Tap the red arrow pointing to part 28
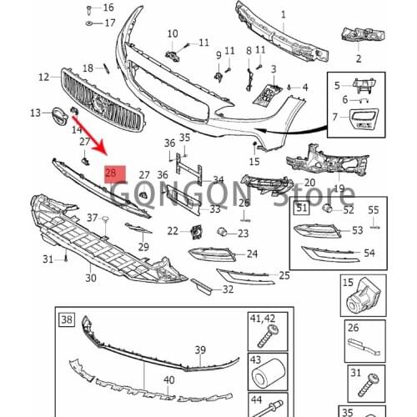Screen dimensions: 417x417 point(90,135)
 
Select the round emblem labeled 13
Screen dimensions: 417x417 point(59,116)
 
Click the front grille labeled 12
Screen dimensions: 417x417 point(103,101)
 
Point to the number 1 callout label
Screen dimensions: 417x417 point(284,15)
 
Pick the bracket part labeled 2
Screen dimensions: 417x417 point(364,36)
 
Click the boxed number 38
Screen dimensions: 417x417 point(67,319)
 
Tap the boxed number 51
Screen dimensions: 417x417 point(302,208)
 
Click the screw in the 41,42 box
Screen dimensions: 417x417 point(269,335)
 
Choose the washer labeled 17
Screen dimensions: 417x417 point(89,23)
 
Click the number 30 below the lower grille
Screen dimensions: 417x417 point(91,278)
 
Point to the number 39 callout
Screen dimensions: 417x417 point(200,349)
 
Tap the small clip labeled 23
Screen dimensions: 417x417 point(221,231)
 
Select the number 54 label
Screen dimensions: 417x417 point(369,253)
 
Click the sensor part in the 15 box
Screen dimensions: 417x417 point(363,295)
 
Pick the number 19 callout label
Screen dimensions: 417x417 point(339,188)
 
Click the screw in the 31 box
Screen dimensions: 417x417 point(369,384)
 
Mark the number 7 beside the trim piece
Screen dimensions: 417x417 point(335,117)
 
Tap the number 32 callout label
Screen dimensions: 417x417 point(228,289)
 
